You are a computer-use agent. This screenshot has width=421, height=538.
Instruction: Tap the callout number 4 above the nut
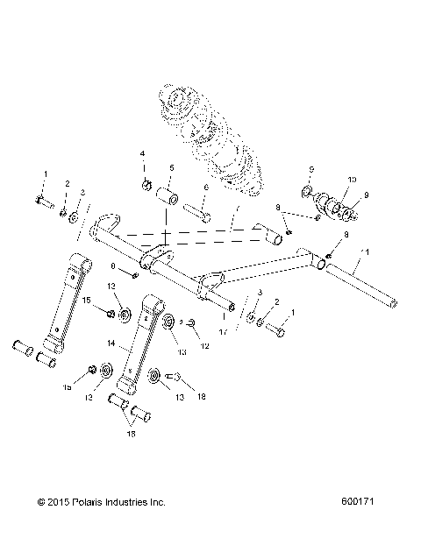142,154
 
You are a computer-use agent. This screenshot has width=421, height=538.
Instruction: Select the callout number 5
171,167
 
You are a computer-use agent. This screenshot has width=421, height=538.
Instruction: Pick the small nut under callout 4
145,185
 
